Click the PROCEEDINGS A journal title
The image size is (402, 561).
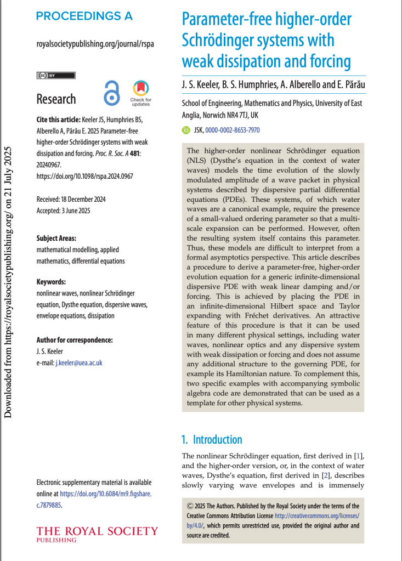pos(84,16)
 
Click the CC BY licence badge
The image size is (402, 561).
pos(55,75)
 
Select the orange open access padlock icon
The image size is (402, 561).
pos(112,93)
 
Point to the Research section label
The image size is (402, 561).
pos(56,99)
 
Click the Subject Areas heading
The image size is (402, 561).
pos(56,238)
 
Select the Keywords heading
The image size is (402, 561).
pos(51,281)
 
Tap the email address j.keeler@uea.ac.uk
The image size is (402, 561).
pos(79,363)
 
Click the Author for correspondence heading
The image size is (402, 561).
pos(74,340)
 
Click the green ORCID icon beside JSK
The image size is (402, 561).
pos(186,131)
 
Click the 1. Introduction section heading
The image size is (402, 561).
pos(212,439)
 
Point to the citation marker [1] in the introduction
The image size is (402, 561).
pos(358,456)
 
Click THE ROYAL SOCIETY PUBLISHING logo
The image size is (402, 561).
pos(97,534)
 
